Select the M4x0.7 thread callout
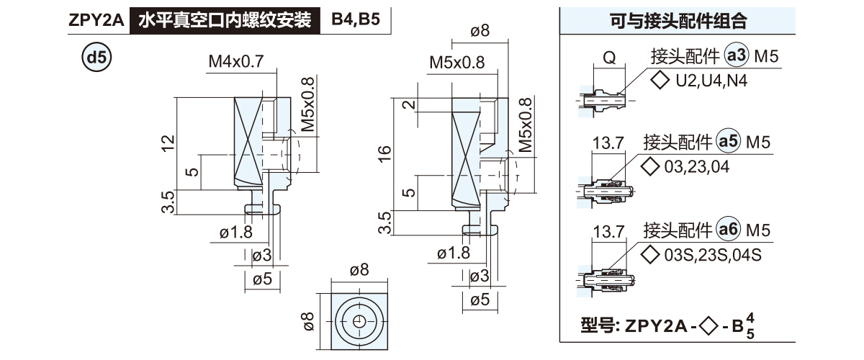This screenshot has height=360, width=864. click(x=236, y=62)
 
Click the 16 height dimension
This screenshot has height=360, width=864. click(x=385, y=153)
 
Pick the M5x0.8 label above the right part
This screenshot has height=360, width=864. click(x=456, y=63)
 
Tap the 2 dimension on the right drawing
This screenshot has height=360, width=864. click(x=408, y=105)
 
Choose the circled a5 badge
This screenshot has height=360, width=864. click(x=729, y=143)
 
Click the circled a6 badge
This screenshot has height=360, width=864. click(x=729, y=230)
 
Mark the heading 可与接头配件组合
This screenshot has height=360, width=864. click(x=675, y=21)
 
